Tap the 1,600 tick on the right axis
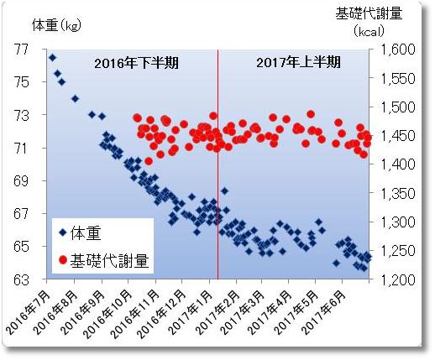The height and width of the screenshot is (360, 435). [397, 50]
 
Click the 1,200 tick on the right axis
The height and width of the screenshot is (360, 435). [397, 279]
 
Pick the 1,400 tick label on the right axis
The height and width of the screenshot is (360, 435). [397, 164]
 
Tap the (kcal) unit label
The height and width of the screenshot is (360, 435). [369, 31]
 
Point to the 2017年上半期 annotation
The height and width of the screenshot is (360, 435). [297, 62]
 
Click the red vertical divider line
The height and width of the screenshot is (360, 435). [217, 168]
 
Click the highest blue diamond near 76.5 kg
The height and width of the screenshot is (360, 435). [52, 57]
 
